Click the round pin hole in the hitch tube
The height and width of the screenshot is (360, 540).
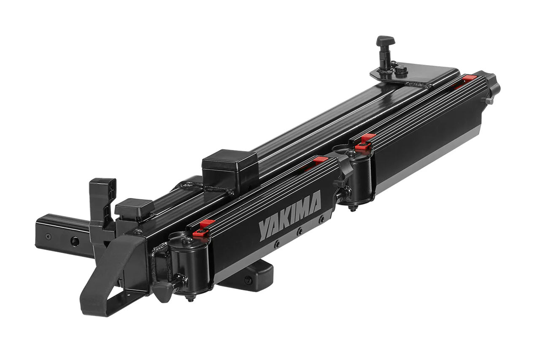pos(75,241)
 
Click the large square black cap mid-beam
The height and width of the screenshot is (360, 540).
pos(229,166)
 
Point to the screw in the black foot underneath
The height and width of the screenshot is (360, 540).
pos(248,280)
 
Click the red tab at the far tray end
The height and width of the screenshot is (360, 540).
pos(469,78)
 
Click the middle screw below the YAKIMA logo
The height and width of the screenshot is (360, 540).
pos(300,232)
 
